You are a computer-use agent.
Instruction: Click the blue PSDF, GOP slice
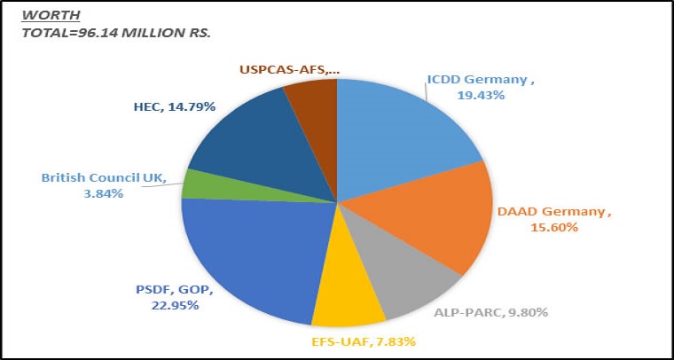248,257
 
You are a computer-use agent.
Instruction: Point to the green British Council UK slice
196,184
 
